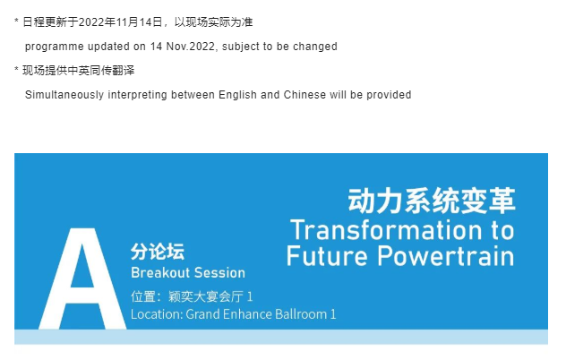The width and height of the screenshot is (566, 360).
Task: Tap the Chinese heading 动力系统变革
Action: point(432,201)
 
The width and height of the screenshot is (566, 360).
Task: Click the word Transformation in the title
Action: point(386,230)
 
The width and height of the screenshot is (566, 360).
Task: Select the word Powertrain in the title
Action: point(446,256)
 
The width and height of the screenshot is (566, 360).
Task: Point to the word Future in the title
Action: point(327,256)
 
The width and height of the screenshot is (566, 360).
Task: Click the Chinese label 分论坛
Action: point(158,252)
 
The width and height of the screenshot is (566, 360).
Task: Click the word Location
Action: point(157,314)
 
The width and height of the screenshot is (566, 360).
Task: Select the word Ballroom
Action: point(301,314)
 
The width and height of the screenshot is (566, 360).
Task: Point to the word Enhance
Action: point(247,314)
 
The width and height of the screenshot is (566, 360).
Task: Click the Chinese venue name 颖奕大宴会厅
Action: point(205,296)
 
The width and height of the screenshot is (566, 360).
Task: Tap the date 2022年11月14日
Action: point(120,22)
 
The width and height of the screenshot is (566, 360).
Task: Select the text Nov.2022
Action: point(190,47)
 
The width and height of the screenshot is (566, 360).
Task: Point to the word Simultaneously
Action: point(64,95)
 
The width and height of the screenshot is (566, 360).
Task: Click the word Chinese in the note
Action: point(304,95)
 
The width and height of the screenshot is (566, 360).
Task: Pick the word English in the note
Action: point(238,95)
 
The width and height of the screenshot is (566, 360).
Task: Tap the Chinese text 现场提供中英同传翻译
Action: point(78,71)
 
